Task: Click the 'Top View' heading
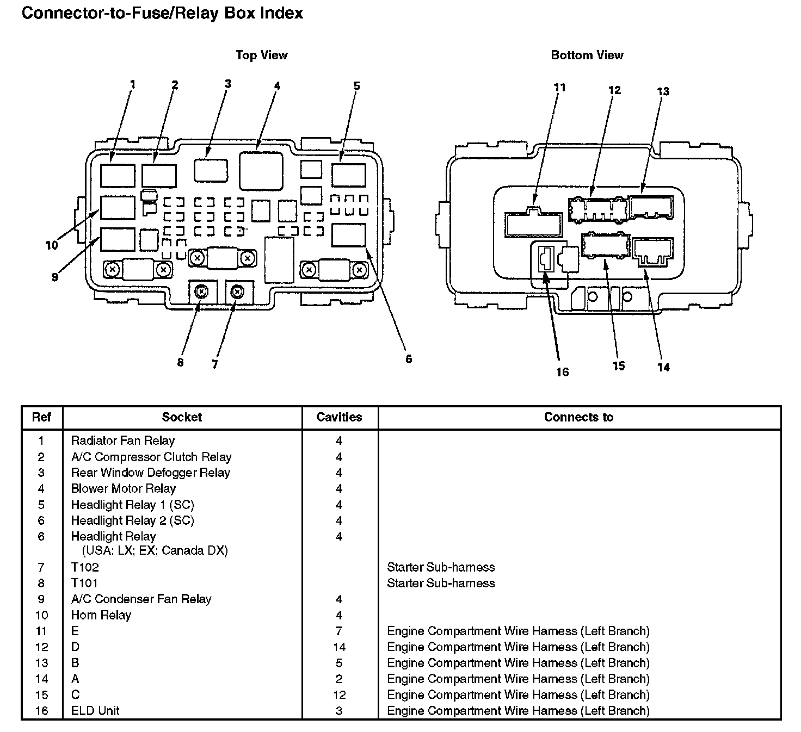coord(261,55)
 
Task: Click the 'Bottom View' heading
coord(587,55)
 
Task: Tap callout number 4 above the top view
coord(277,86)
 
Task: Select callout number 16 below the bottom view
coord(562,372)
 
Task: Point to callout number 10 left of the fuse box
coord(51,245)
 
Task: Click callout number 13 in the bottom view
coord(663,91)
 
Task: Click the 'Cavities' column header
coord(339,417)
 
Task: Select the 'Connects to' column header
coord(578,417)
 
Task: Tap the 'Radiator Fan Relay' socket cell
coord(123,441)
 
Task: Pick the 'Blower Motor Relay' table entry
coord(124,488)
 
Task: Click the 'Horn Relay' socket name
coord(101,615)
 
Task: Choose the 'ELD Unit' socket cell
coord(95,710)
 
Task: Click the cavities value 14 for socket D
coord(339,647)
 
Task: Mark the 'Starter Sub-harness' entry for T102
coord(441,567)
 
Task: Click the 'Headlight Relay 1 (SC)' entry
coord(133,505)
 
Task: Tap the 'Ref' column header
coord(41,417)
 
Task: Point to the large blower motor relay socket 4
coord(261,171)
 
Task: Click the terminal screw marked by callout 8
coord(201,292)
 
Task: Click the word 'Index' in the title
coord(281,13)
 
